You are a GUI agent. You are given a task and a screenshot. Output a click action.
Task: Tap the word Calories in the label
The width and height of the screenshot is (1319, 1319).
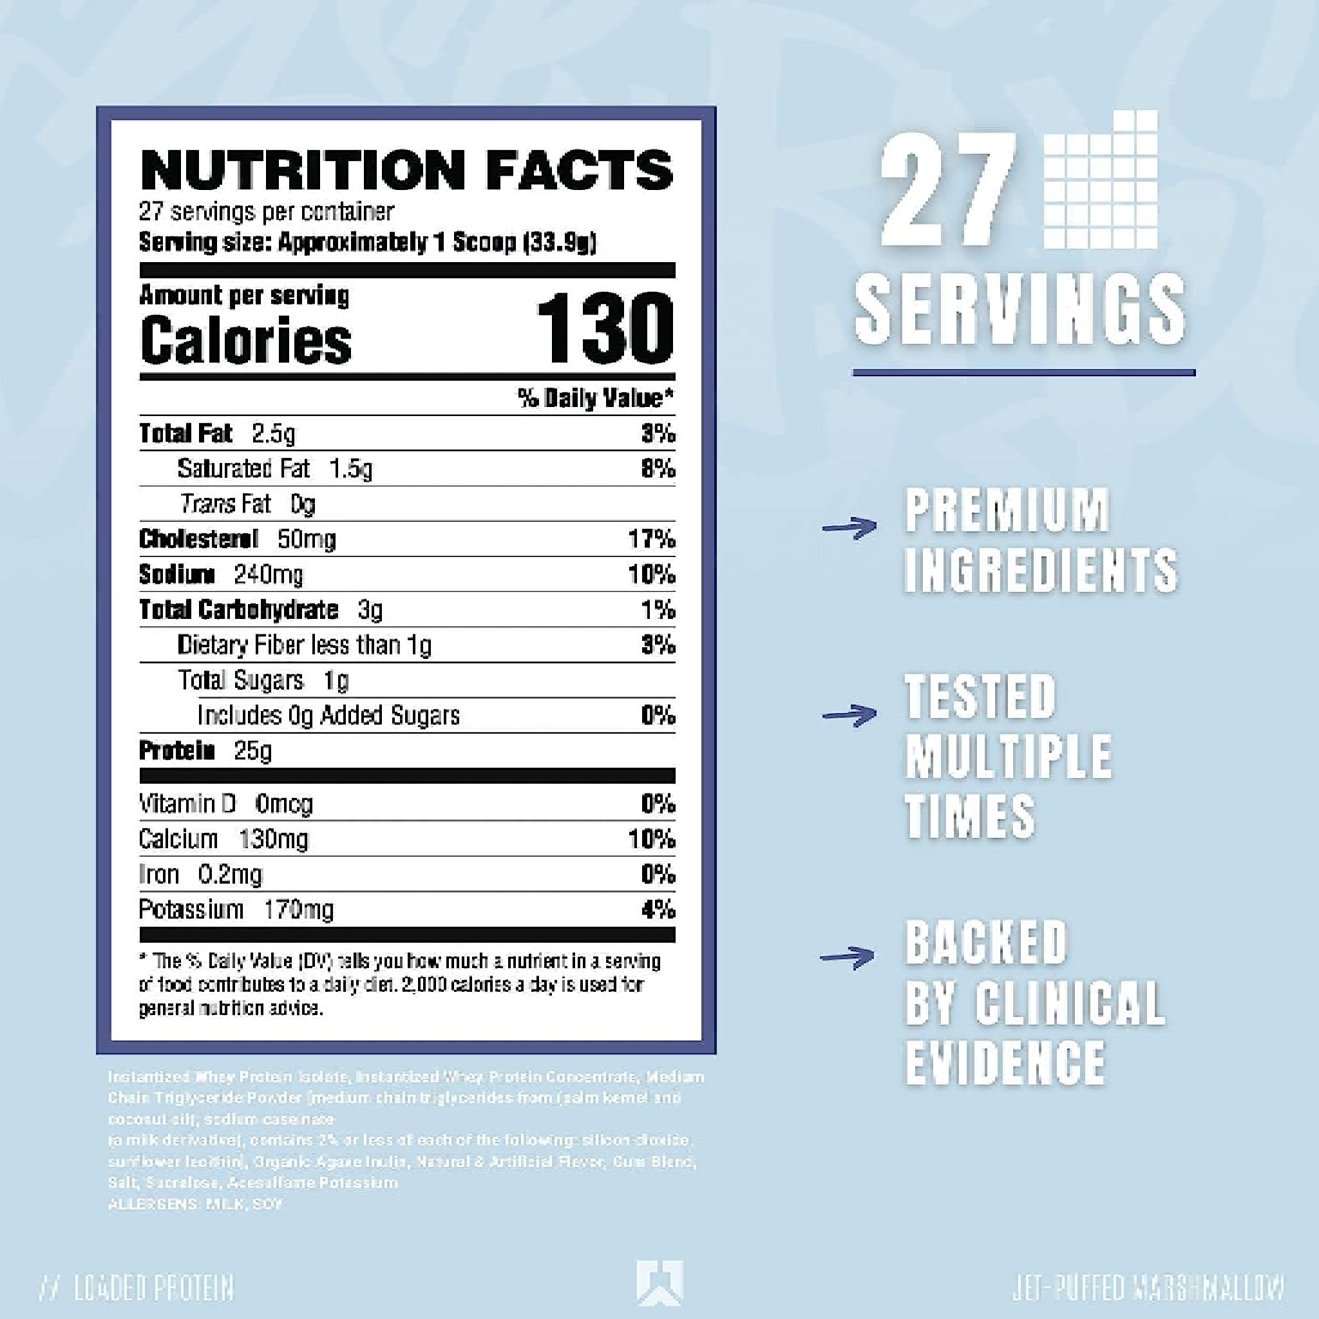coord(246,340)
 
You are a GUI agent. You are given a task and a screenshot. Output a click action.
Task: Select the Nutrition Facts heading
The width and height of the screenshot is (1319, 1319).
coord(407,170)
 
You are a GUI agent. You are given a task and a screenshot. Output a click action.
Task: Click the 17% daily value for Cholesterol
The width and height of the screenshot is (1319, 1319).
coord(651,539)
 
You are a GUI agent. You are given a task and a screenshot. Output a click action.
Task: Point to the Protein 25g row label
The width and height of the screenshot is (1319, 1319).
coord(205,750)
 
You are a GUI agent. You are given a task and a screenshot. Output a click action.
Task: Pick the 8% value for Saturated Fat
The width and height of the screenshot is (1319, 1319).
coord(658,468)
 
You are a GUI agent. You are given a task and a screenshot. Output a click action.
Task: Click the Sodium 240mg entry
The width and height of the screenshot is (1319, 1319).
coord(220,574)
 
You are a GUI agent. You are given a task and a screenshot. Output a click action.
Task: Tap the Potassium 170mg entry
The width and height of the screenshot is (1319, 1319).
coord(236,909)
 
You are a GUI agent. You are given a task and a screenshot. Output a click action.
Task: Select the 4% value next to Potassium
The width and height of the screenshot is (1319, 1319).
coord(658,909)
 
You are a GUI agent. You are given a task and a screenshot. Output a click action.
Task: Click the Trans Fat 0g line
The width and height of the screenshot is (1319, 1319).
coord(248,504)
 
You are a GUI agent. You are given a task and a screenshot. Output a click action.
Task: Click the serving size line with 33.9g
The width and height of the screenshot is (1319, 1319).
coord(367,242)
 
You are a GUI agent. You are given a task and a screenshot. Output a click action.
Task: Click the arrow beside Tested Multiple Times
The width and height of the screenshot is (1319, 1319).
coord(849,715)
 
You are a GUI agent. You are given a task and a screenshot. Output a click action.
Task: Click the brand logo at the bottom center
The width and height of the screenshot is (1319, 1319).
coord(659,1282)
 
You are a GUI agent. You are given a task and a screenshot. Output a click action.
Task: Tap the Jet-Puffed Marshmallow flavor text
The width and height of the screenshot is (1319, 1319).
coord(1148,1287)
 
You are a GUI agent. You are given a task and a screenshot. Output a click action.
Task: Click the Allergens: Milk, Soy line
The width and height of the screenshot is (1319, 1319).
coord(195,1204)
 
